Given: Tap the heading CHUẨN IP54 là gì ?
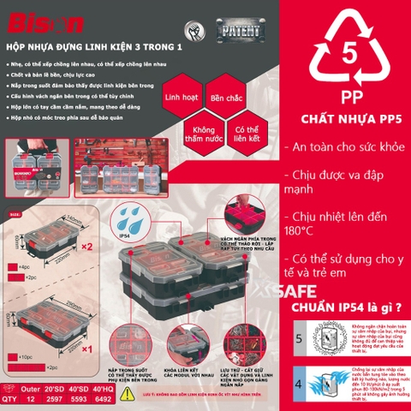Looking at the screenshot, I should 348,306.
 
